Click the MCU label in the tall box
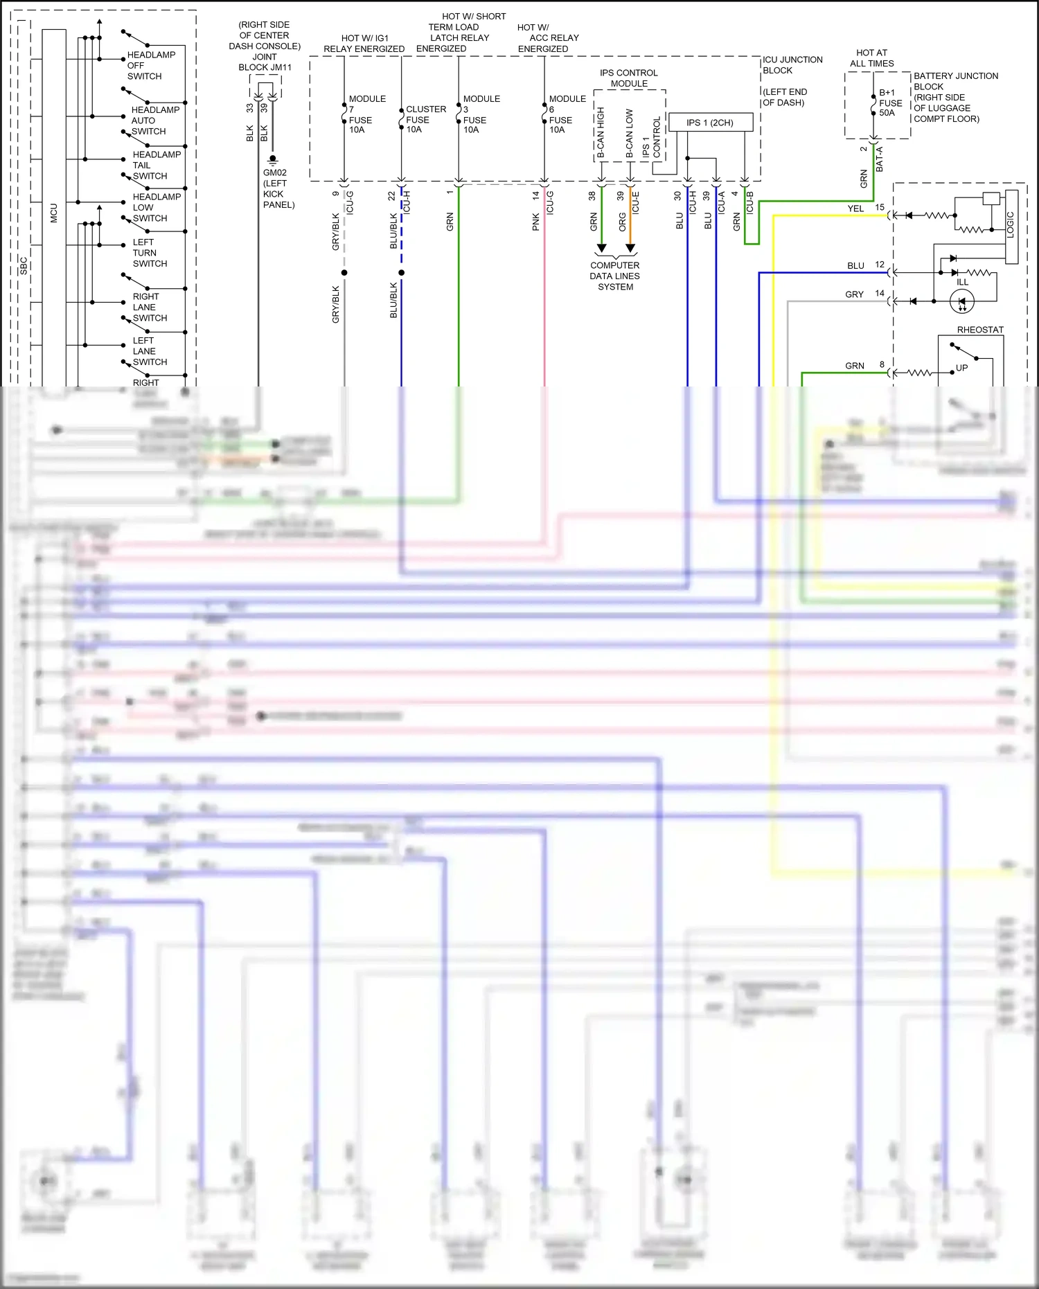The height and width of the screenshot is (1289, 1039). pyautogui.click(x=54, y=213)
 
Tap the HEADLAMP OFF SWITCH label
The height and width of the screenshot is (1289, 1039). pyautogui.click(x=150, y=66)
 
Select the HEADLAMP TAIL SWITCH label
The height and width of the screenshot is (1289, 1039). pyautogui.click(x=156, y=166)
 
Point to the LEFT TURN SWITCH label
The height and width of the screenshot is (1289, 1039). pyautogui.click(x=150, y=253)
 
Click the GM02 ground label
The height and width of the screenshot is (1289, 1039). pyautogui.click(x=275, y=173)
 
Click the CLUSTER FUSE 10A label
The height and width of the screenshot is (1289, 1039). pyautogui.click(x=425, y=119)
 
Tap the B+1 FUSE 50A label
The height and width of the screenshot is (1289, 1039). pyautogui.click(x=890, y=103)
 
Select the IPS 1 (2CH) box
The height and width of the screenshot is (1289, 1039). pyautogui.click(x=710, y=123)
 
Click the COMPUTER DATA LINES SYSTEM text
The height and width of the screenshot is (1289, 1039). pyautogui.click(x=615, y=276)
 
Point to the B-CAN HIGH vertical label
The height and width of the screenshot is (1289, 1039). pyautogui.click(x=601, y=132)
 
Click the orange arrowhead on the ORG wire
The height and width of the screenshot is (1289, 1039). pyautogui.click(x=630, y=248)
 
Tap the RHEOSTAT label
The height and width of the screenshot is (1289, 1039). pyautogui.click(x=980, y=330)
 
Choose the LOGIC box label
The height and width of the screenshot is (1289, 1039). pyautogui.click(x=1011, y=225)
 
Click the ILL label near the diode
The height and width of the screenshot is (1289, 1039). pyautogui.click(x=962, y=282)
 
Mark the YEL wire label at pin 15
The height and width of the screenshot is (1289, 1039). pyautogui.click(x=855, y=208)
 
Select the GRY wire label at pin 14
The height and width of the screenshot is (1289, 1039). pyautogui.click(x=854, y=294)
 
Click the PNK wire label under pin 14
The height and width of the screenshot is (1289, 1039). pyautogui.click(x=535, y=222)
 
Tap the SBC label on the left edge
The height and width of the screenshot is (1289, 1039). pyautogui.click(x=24, y=265)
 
